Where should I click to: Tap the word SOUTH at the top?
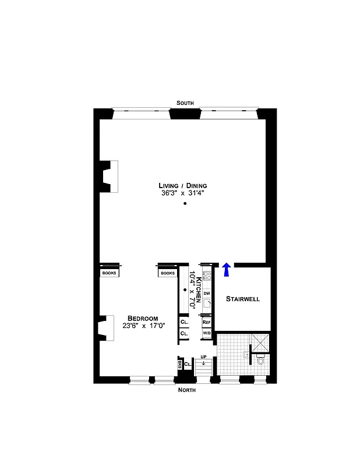pos(185,103)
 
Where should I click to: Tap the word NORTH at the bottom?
pos(187,390)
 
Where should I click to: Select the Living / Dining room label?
pos(185,185)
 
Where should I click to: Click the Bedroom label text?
pos(143,318)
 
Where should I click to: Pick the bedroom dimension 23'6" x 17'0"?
pos(143,326)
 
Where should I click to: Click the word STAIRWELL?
pos(243,299)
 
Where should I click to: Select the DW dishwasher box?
pos(206,293)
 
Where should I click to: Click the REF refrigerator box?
pos(206,322)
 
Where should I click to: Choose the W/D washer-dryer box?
pos(206,333)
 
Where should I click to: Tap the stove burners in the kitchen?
pos(206,273)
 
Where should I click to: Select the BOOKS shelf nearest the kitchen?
pos(168,273)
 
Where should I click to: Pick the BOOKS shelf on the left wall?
pos(110,273)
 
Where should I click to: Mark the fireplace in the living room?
pos(109,176)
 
